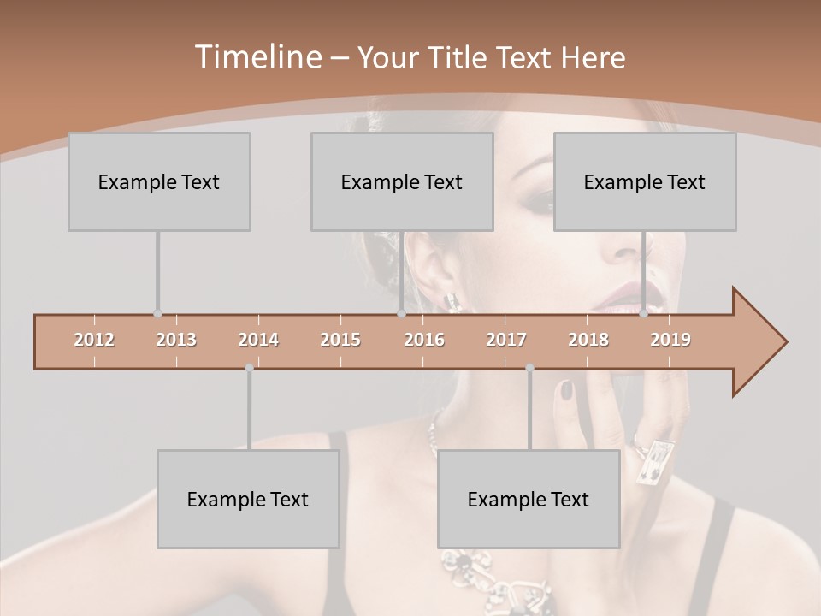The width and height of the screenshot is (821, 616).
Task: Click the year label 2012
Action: pyautogui.click(x=94, y=340)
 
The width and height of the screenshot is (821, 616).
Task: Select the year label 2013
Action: pyautogui.click(x=176, y=340)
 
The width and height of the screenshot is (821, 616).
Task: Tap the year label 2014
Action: pyautogui.click(x=258, y=340)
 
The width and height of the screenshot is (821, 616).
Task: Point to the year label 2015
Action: pyautogui.click(x=340, y=340)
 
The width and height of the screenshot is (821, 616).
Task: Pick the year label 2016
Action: pyautogui.click(x=424, y=340)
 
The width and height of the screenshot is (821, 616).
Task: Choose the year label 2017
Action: pyautogui.click(x=506, y=340)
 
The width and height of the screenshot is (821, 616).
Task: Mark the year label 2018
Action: pyautogui.click(x=588, y=340)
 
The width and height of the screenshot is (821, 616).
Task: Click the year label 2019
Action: pyautogui.click(x=670, y=340)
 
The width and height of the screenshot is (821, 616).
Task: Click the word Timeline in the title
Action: pyautogui.click(x=257, y=57)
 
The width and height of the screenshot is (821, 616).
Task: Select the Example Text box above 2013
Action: pyautogui.click(x=159, y=181)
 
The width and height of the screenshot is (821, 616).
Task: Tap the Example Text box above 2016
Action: pyautogui.click(x=402, y=181)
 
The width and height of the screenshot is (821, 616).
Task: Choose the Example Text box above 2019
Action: pyautogui.click(x=645, y=181)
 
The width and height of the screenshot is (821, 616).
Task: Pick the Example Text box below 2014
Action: pyautogui.click(x=248, y=499)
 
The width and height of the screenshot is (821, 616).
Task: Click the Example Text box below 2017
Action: pyautogui.click(x=529, y=499)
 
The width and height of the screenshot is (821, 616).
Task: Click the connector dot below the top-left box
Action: pyautogui.click(x=157, y=314)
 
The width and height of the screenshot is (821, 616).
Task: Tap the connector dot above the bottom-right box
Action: pyautogui.click(x=529, y=368)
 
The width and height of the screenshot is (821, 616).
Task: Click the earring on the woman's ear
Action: pyautogui.click(x=451, y=301)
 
